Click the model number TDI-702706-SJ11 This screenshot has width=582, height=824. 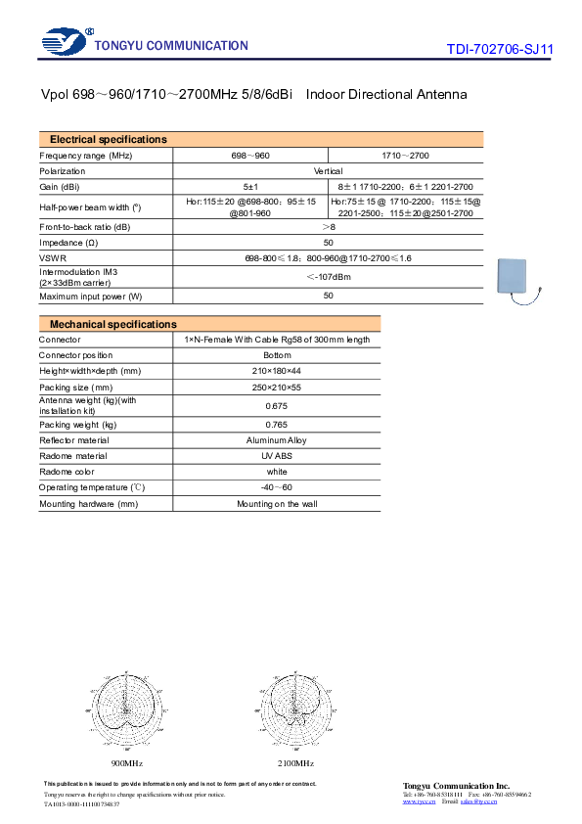point(499,48)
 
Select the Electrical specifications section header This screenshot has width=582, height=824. point(108,140)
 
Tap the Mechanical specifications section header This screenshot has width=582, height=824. point(112,324)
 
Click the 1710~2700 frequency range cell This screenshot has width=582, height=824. point(405,156)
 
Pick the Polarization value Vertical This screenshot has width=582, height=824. point(328,170)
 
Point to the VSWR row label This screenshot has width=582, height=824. point(53,257)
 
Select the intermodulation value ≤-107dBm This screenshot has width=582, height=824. point(328,276)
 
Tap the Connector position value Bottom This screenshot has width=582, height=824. point(278,355)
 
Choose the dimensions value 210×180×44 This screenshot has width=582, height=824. point(278,371)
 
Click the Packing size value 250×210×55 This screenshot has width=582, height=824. point(278,387)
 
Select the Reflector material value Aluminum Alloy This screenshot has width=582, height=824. point(278,440)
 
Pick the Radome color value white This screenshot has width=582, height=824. point(278,472)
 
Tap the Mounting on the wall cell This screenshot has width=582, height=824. point(278,504)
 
